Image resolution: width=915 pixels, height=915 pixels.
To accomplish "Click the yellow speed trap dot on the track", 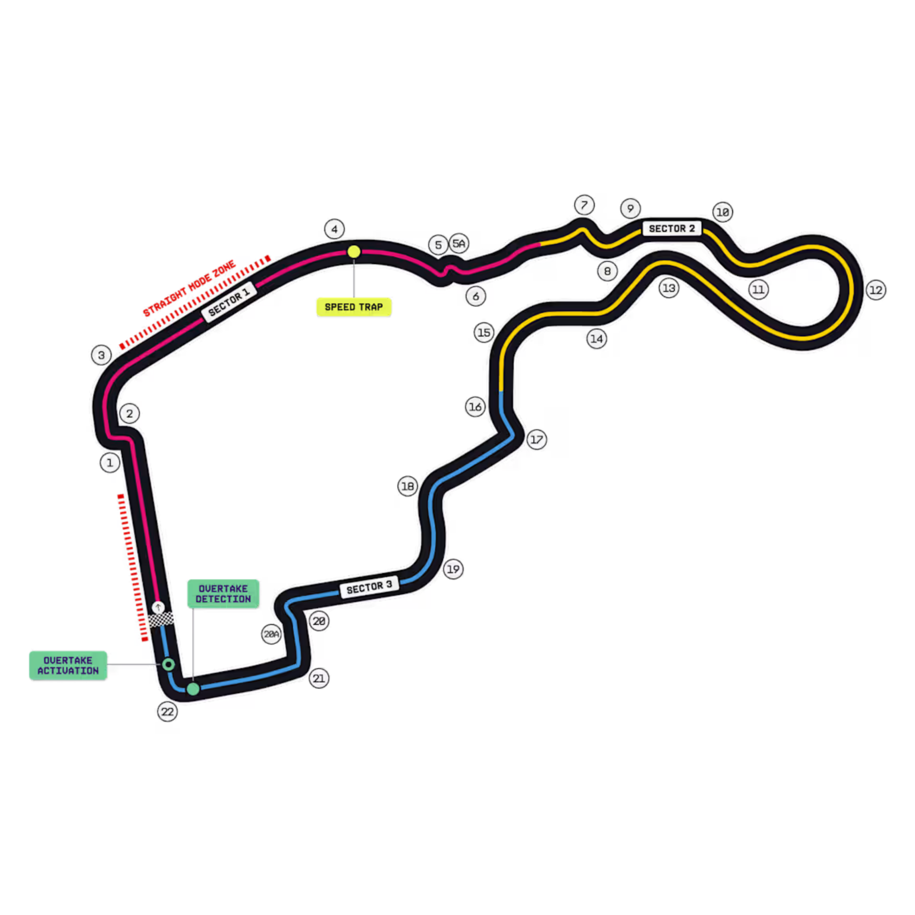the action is (x=354, y=252).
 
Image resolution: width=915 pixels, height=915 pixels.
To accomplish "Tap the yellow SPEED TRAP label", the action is (x=354, y=307).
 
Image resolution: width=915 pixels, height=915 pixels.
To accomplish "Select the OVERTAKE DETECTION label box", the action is (x=223, y=593).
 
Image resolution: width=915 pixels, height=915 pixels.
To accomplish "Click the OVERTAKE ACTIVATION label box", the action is (x=68, y=665).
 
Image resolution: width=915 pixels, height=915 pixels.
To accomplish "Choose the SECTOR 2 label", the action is (x=671, y=229).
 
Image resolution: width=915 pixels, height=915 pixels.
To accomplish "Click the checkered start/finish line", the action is (x=161, y=620).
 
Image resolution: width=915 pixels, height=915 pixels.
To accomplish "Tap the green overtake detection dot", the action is (x=193, y=689).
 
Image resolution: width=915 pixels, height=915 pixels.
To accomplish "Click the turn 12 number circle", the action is (x=876, y=290).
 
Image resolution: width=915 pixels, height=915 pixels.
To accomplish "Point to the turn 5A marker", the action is (x=459, y=244).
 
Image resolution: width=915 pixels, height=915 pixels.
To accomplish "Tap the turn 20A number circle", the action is (x=272, y=634).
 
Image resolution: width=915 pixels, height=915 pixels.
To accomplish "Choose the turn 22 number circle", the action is (x=167, y=712).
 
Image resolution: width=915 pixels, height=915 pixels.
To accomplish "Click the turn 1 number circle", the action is (x=110, y=462).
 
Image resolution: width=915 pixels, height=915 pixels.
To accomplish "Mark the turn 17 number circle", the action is (x=537, y=439).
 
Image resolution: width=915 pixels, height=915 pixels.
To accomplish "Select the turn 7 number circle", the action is (x=584, y=205).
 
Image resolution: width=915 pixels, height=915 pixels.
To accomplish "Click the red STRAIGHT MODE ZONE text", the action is (x=189, y=288).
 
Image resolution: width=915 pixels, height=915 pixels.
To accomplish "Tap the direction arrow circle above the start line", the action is (x=158, y=607).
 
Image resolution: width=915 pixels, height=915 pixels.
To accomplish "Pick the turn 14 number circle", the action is (x=597, y=339).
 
